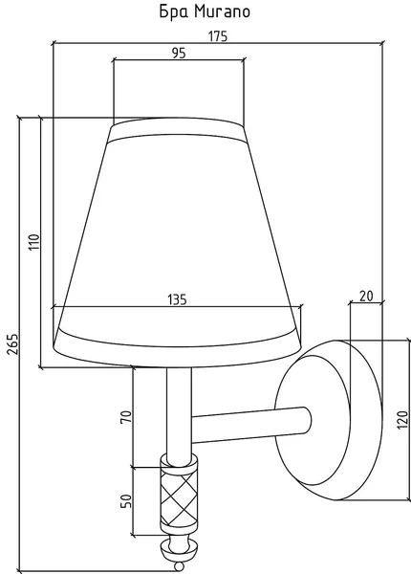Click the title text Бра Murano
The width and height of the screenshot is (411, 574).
[205, 11]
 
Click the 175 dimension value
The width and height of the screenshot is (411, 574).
[218, 36]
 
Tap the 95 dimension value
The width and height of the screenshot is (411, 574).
[179, 53]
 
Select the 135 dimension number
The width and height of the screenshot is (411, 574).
[178, 299]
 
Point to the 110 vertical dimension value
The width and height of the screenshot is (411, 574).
[34, 242]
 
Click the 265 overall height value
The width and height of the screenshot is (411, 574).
[12, 343]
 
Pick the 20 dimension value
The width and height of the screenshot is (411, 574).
[366, 296]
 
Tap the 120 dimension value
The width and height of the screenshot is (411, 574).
[402, 420]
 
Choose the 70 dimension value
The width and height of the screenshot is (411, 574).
[126, 417]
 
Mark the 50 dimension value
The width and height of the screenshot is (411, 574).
[126, 501]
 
